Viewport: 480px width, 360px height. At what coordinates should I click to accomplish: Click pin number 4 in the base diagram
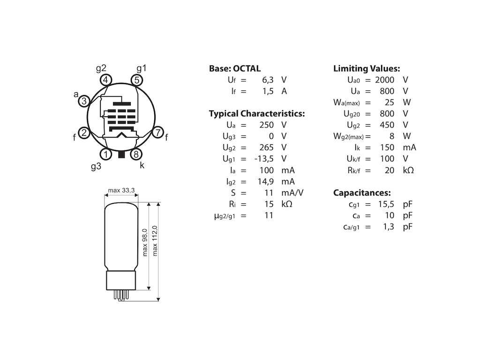pyautogui.click(x=106, y=80)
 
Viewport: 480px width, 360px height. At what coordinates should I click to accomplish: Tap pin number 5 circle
pyautogui.click(x=136, y=80)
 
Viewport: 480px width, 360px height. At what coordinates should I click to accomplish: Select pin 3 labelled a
pyautogui.click(x=83, y=101)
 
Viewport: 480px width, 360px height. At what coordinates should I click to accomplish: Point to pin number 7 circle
pyautogui.click(x=158, y=133)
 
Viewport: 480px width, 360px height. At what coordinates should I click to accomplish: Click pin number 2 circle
pyautogui.click(x=83, y=133)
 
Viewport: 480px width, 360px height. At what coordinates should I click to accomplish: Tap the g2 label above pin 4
pyautogui.click(x=101, y=68)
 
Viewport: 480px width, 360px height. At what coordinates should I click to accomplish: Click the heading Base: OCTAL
pyautogui.click(x=234, y=68)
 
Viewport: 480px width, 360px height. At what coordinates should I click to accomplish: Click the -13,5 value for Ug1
pyautogui.click(x=263, y=158)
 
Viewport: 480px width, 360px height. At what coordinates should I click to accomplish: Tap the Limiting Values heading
pyautogui.click(x=366, y=68)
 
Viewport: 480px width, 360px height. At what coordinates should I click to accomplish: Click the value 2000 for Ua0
pyautogui.click(x=384, y=80)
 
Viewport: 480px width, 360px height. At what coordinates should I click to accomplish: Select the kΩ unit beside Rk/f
pyautogui.click(x=408, y=170)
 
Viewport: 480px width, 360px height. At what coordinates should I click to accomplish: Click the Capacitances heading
pyautogui.click(x=362, y=193)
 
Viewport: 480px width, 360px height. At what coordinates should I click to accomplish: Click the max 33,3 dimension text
pyautogui.click(x=121, y=190)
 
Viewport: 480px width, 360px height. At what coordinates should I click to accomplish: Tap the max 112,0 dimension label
pyautogui.click(x=155, y=240)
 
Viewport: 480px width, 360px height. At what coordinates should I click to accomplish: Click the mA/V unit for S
pyautogui.click(x=292, y=193)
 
